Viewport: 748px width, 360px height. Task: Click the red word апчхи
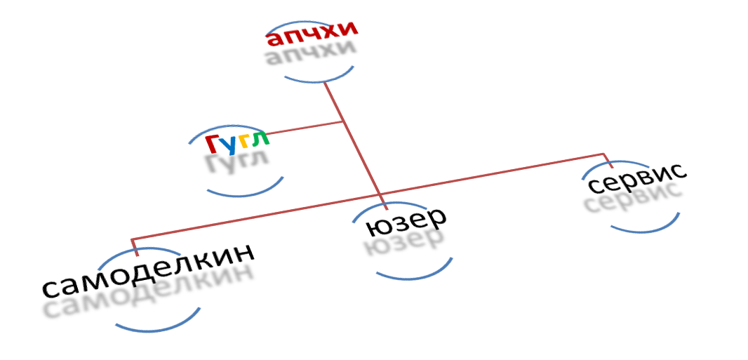click(312, 35)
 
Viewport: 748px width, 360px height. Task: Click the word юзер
click(406, 222)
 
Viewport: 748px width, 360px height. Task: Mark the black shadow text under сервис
click(633, 200)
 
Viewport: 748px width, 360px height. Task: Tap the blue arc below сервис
click(646, 227)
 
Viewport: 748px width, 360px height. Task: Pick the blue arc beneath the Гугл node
click(246, 192)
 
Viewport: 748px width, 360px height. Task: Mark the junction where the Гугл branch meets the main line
click(343, 122)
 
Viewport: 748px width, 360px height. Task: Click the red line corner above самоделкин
click(131, 240)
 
